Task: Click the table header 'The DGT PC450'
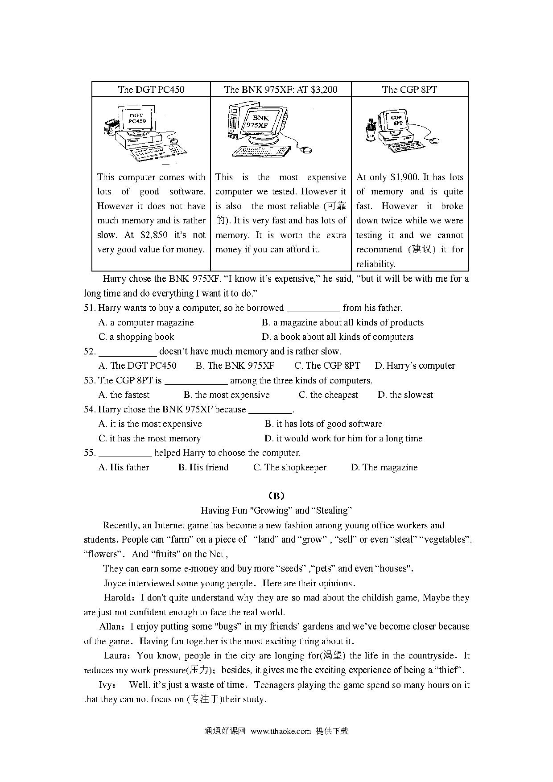[x=151, y=89]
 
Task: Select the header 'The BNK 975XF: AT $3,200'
[x=281, y=89]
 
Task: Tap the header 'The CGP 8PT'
[x=409, y=89]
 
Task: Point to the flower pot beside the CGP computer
[x=370, y=130]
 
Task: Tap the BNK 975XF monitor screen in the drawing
[x=261, y=122]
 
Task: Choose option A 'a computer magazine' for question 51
[x=146, y=322]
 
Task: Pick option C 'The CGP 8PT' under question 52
[x=327, y=366]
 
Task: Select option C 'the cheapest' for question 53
[x=328, y=395]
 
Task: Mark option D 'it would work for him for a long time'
[x=343, y=438]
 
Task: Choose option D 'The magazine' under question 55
[x=384, y=467]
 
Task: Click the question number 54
[x=89, y=409]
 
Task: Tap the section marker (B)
[x=276, y=496]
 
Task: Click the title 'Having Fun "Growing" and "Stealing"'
[x=276, y=510]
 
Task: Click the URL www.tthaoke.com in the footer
[x=281, y=731]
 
